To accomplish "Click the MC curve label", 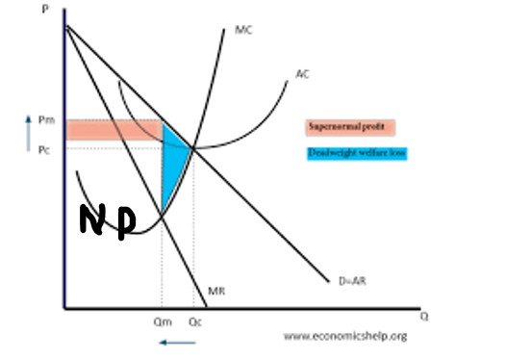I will (243, 30).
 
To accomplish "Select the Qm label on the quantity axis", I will (162, 321).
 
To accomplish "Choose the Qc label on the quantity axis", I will (194, 321).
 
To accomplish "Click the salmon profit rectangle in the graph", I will (111, 130).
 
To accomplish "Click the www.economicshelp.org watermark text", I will (345, 336).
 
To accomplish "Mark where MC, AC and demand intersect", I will (193, 147).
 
